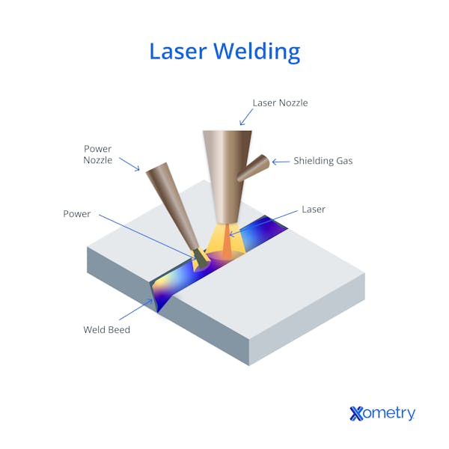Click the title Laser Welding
pyautogui.click(x=224, y=52)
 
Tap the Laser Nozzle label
pyautogui.click(x=280, y=103)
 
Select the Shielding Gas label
pyautogui.click(x=323, y=161)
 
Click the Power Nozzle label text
pyautogui.click(x=97, y=154)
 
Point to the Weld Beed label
pyautogui.click(x=106, y=329)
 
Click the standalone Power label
pyautogui.click(x=77, y=214)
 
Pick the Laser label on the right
pyautogui.click(x=314, y=210)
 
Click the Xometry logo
pyautogui.click(x=382, y=413)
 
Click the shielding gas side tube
pyautogui.click(x=254, y=168)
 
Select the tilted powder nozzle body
pyautogui.click(x=172, y=207)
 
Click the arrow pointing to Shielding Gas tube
pyautogui.click(x=281, y=162)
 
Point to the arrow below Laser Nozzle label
pyautogui.click(x=246, y=117)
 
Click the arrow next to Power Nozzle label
pyautogui.click(x=129, y=165)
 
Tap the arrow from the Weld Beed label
pyautogui.click(x=136, y=310)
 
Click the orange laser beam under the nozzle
pyautogui.click(x=227, y=240)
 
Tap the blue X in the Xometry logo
pyautogui.click(x=356, y=414)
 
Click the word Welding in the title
pyautogui.click(x=257, y=52)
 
